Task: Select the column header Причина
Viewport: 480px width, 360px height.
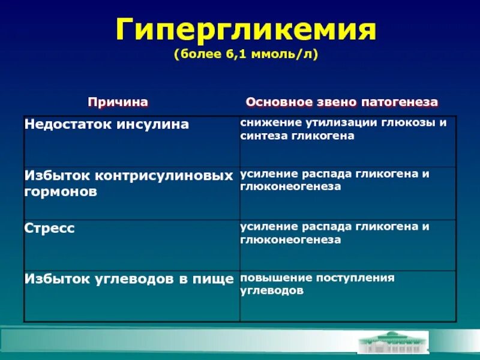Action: pyautogui.click(x=118, y=102)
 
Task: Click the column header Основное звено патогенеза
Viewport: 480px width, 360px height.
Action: pyautogui.click(x=342, y=102)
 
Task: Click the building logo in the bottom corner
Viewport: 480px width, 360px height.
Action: pyautogui.click(x=392, y=343)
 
